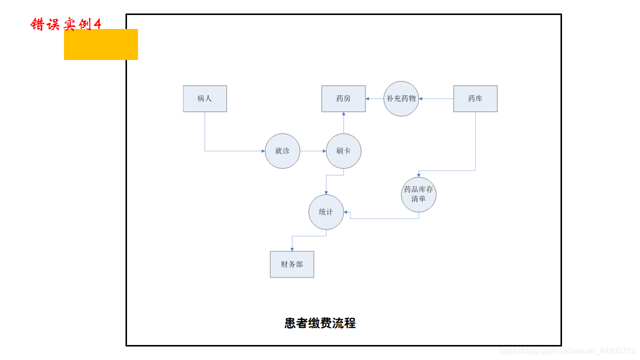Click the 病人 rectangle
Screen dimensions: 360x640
(204, 98)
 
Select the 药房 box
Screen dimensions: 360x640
(343, 98)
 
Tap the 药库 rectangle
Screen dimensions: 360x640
(475, 98)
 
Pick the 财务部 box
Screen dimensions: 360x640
(292, 264)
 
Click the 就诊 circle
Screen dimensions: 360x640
(282, 151)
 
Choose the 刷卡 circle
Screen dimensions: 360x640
(343, 151)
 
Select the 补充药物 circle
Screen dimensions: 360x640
(401, 98)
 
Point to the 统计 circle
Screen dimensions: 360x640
(326, 212)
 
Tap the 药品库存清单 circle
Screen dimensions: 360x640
(418, 194)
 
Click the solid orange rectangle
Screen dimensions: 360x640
(101, 44)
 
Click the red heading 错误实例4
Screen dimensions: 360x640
(65, 23)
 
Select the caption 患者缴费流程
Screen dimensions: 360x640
(320, 323)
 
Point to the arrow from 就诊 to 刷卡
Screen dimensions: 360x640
(313, 151)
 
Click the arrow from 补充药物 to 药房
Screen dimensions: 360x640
(375, 98)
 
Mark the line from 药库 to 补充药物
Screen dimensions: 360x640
(436, 98)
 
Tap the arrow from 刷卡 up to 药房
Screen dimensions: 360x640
(343, 122)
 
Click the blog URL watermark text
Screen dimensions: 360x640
(567, 351)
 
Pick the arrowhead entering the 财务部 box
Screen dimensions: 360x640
(292, 249)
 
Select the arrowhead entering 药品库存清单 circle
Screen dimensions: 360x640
(418, 175)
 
